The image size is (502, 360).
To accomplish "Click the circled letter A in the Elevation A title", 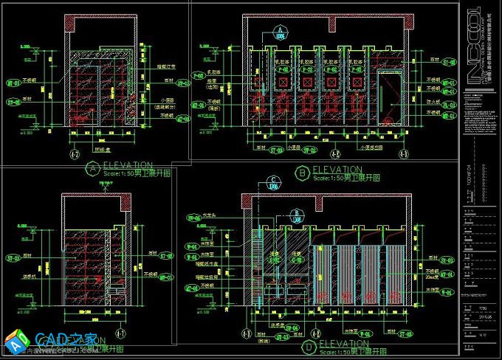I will click(x=92, y=168).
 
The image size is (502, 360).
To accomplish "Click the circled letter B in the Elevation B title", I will click(x=302, y=173).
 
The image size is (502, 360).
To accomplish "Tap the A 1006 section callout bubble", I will click(x=280, y=32).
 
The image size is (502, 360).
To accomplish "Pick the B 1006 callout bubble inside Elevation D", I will click(x=296, y=215).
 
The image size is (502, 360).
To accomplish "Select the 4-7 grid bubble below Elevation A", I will click(x=73, y=155).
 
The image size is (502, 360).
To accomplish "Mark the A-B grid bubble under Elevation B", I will click(x=333, y=155).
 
